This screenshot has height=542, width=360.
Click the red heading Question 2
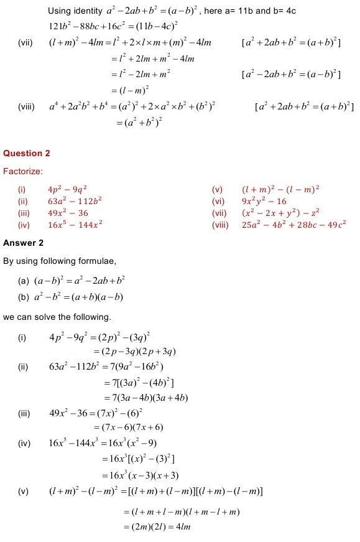pyautogui.click(x=26, y=153)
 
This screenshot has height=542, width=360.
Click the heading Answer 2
pyautogui.click(x=23, y=242)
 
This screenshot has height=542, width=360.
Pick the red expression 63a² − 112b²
pyautogui.click(x=75, y=201)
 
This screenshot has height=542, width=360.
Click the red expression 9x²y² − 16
pyautogui.click(x=264, y=201)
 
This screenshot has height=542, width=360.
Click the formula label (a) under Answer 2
pyautogui.click(x=25, y=281)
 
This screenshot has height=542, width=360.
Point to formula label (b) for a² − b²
pyautogui.click(x=25, y=297)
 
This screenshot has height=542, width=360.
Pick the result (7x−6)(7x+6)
pyautogui.click(x=128, y=428)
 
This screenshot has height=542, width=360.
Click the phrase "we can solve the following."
pyautogui.click(x=57, y=317)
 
